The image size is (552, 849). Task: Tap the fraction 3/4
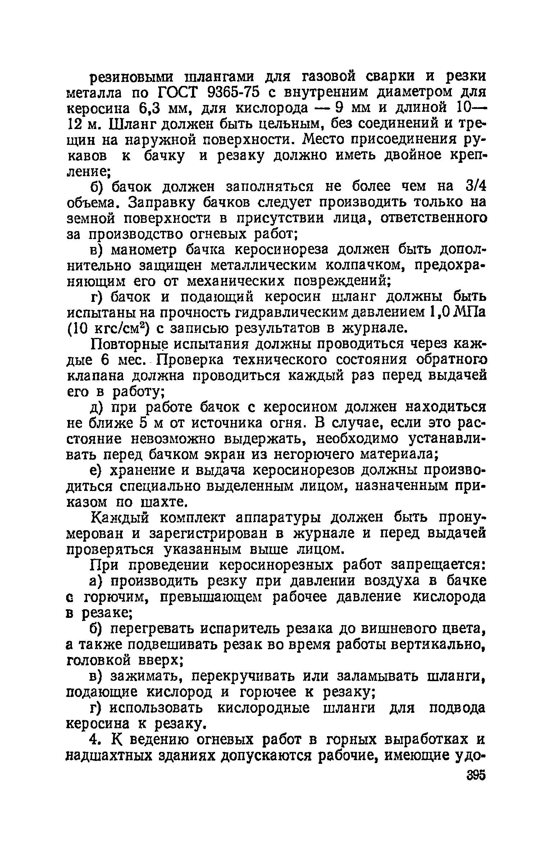click(x=475, y=186)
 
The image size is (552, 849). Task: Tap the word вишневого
click(x=387, y=629)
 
